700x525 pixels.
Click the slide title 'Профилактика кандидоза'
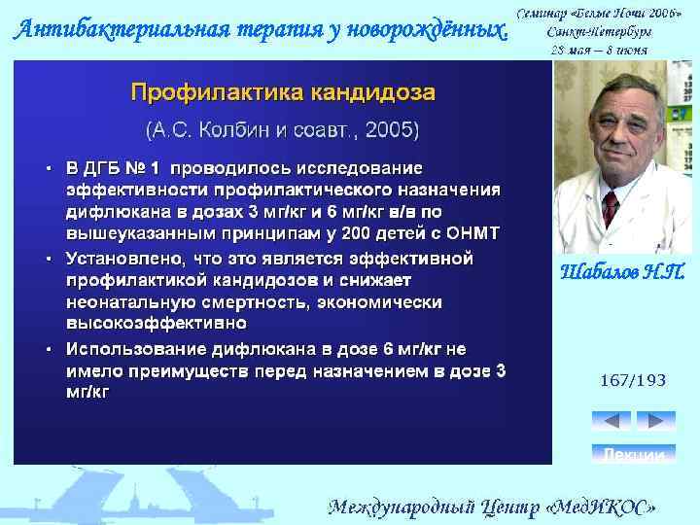tap(283, 93)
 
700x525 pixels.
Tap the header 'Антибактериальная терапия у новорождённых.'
tap(261, 29)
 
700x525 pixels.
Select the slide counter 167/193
tap(633, 380)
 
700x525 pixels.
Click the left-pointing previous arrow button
tap(612, 421)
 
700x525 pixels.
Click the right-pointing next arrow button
tap(655, 421)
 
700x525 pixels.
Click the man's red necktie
tap(611, 206)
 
